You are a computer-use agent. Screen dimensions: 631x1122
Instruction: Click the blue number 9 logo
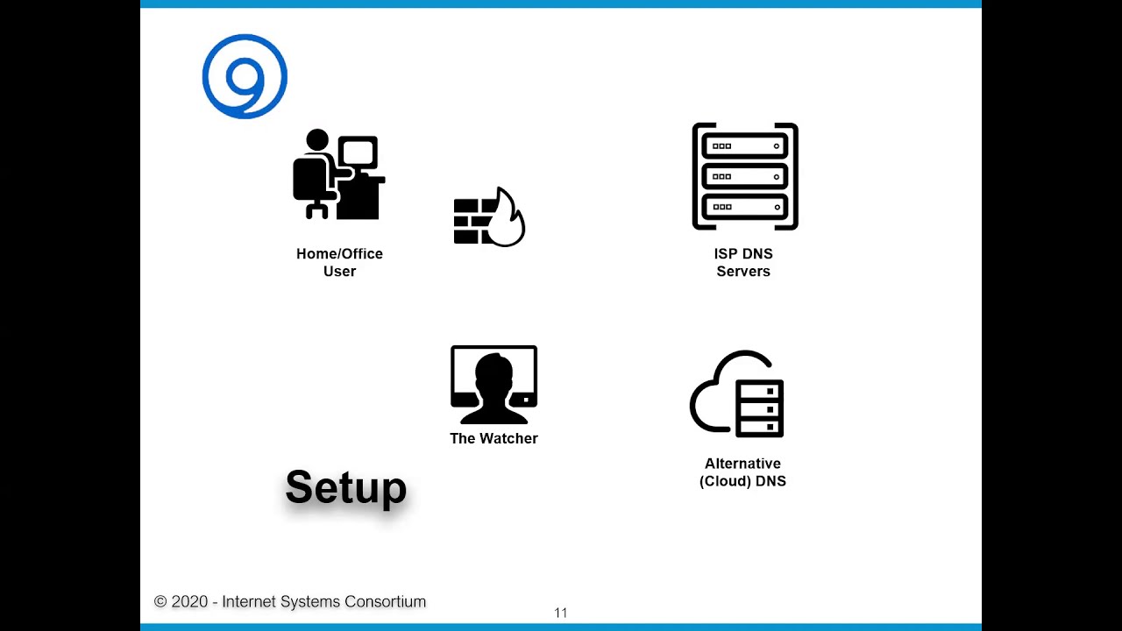coord(245,77)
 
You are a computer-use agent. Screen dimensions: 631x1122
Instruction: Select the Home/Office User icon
coord(338,175)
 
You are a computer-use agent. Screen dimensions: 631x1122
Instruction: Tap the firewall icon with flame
coord(488,217)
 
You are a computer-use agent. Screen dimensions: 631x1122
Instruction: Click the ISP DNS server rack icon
coord(745,176)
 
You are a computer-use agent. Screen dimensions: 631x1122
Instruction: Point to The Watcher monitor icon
coord(494,384)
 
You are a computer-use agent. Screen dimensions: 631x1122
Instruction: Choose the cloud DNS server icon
coord(737,395)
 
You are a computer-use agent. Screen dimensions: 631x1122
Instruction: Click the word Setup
coord(346,487)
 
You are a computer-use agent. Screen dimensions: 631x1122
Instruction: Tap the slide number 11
coord(561,613)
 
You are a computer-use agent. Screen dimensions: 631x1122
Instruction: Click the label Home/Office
coord(339,253)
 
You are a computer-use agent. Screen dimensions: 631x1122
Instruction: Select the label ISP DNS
coord(743,253)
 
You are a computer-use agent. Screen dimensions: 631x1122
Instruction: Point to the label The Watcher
coord(494,438)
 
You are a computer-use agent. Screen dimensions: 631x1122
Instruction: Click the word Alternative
coord(742,464)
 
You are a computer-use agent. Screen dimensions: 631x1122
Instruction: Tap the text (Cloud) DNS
coord(742,481)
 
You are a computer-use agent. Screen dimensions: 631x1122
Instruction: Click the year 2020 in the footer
coord(189,602)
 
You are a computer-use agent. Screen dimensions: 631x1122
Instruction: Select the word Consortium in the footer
coord(385,602)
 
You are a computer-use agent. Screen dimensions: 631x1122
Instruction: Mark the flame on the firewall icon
coord(508,219)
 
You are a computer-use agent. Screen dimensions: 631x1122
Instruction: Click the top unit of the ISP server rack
coord(745,146)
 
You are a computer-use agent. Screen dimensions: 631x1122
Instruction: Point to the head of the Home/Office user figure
coord(317,140)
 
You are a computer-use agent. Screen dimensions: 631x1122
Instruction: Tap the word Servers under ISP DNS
coord(743,271)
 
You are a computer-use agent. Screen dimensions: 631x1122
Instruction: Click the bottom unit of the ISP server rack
coord(745,207)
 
